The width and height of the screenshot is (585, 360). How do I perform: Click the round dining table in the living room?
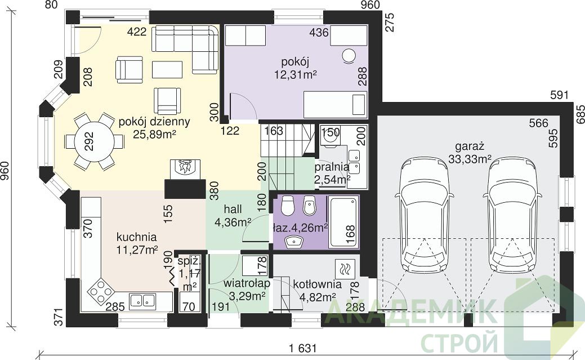pyautogui.click(x=95, y=141)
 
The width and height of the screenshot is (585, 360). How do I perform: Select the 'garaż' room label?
pyautogui.click(x=470, y=146)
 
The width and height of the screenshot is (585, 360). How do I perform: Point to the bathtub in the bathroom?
pyautogui.click(x=343, y=222)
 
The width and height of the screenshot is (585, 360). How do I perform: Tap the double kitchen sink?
pyautogui.click(x=143, y=300)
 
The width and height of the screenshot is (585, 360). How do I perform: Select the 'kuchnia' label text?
pyautogui.click(x=137, y=237)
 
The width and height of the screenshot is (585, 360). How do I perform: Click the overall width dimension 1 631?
pyautogui.click(x=302, y=348)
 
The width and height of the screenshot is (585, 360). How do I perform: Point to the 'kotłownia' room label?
pyautogui.click(x=317, y=284)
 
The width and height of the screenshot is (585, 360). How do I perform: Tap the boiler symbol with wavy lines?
pyautogui.click(x=345, y=269)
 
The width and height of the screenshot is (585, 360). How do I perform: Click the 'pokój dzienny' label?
pyautogui.click(x=154, y=122)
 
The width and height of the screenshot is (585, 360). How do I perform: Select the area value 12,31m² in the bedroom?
pyautogui.click(x=296, y=75)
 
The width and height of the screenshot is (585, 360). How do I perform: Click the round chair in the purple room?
pyautogui.click(x=349, y=56)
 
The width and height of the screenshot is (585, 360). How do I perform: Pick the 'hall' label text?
pyautogui.click(x=233, y=209)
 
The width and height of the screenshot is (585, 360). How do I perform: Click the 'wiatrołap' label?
pyautogui.click(x=247, y=283)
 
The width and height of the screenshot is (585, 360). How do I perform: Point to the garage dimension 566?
pyautogui.click(x=539, y=123)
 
